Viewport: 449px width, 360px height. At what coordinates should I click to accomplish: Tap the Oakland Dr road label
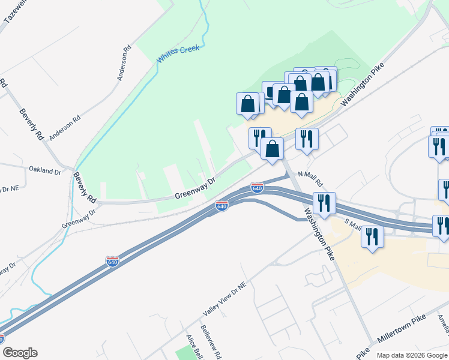[45, 170]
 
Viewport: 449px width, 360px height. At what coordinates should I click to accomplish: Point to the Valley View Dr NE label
[224, 299]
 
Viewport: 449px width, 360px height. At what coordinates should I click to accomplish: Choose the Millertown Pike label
[401, 332]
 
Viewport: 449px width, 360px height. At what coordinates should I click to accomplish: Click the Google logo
[20, 353]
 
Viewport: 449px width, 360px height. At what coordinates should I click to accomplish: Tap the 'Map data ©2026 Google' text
[412, 355]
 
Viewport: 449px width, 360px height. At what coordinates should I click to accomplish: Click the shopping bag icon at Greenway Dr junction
[273, 148]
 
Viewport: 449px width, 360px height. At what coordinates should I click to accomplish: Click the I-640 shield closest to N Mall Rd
[257, 188]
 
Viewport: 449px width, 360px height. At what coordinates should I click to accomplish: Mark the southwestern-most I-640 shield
[113, 262]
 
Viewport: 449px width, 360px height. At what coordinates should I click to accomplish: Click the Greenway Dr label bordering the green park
[194, 189]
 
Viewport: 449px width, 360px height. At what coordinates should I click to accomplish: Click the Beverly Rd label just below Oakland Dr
[85, 188]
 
